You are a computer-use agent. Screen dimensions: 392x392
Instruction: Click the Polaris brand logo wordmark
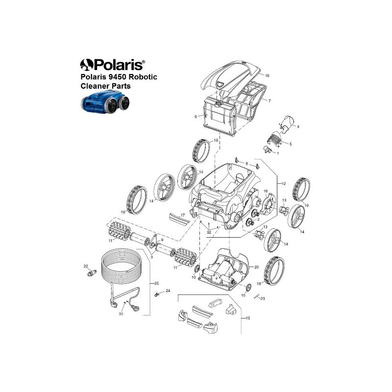point(113,65)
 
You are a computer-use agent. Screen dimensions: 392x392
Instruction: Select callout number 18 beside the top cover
point(267,75)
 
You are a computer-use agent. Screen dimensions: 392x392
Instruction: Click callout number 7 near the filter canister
point(269,101)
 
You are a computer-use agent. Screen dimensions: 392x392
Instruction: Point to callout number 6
point(196,117)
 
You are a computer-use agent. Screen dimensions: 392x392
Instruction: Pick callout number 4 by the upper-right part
point(298,127)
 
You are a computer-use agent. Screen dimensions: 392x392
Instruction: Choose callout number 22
point(85,266)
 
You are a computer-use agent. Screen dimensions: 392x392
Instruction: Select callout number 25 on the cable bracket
point(156,284)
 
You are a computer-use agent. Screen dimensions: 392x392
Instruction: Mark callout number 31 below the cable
point(121,314)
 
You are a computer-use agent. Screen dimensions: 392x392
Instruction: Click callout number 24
point(168,291)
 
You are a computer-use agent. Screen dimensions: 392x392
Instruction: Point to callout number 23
point(263,298)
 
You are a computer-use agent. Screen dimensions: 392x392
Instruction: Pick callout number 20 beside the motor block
point(256,267)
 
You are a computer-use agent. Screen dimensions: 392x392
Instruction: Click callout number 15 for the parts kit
point(248,318)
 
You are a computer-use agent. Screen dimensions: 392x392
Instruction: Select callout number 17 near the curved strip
point(183,215)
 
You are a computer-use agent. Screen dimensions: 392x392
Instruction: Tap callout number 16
point(266,191)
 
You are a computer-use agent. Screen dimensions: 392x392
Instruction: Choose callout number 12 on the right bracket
point(283,184)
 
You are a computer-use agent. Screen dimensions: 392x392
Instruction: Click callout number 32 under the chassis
point(209,232)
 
